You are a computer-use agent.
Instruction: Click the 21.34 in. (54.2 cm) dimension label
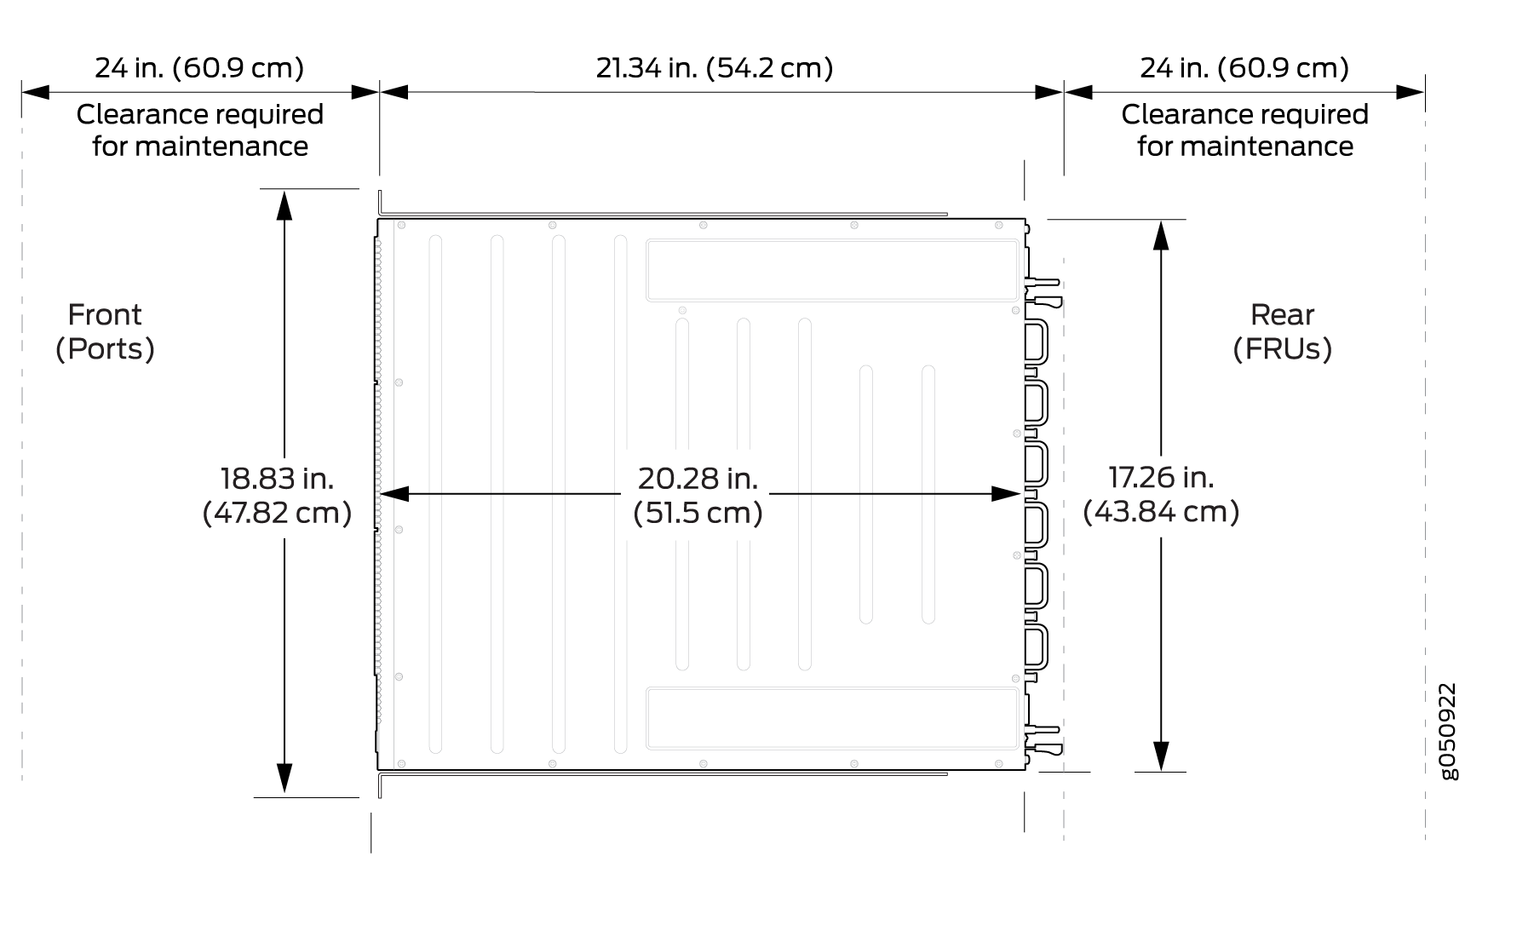click(714, 67)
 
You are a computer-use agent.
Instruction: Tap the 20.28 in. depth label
click(698, 479)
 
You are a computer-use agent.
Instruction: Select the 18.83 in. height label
click(277, 479)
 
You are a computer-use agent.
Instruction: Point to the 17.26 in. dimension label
click(1161, 477)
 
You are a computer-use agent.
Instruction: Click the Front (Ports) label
click(105, 331)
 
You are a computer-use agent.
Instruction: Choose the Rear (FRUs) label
click(1282, 331)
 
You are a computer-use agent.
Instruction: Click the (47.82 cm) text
click(277, 513)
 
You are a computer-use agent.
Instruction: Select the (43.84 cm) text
click(1161, 511)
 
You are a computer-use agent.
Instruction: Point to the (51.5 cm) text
click(698, 513)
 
